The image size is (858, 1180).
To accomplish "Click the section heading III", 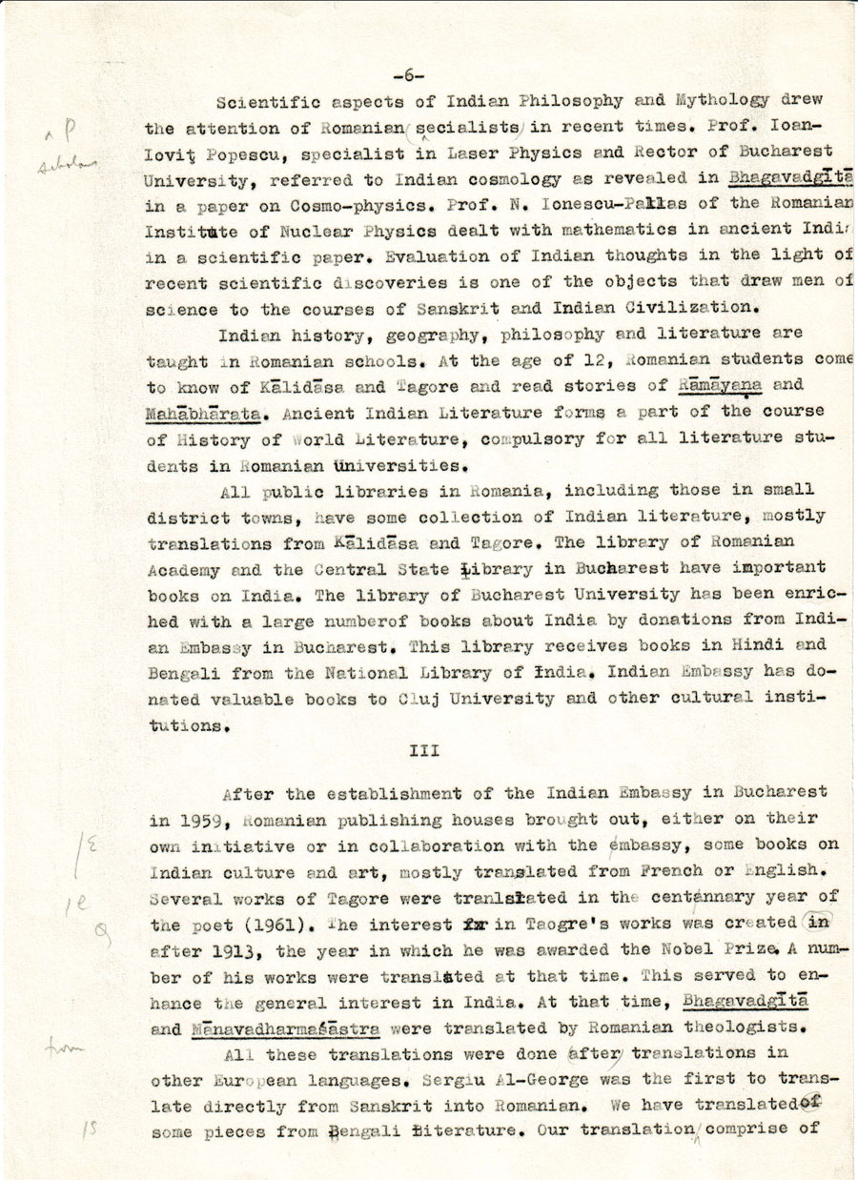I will tap(423, 750).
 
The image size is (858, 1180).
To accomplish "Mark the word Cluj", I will tap(418, 699).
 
